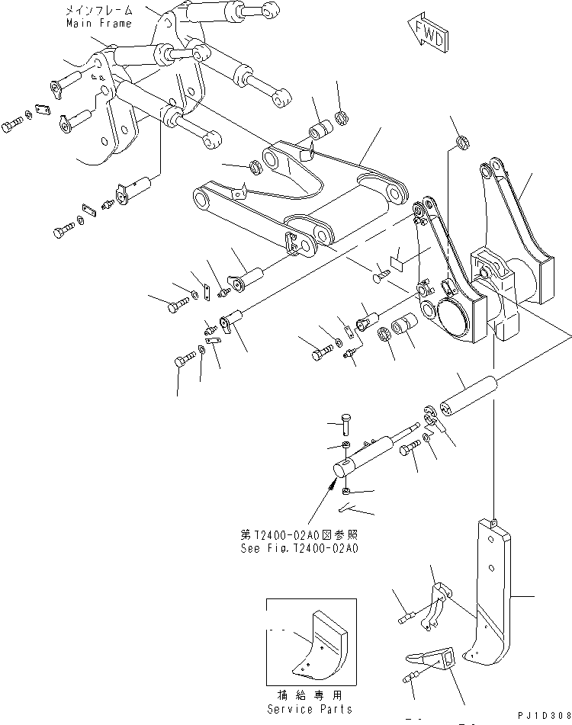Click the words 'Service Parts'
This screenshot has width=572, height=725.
click(x=310, y=709)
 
